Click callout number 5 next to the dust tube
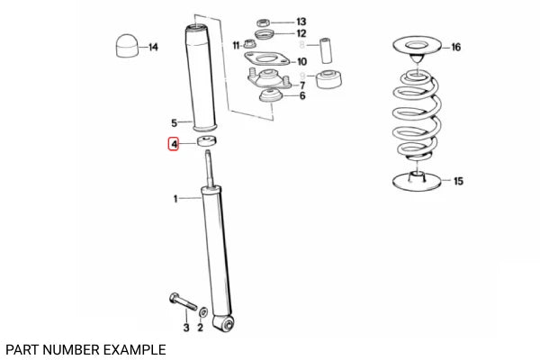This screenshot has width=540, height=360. click(175, 122)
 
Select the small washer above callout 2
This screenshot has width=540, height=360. click(202, 311)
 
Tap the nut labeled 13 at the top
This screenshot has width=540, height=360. click(264, 21)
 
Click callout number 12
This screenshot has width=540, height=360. click(301, 33)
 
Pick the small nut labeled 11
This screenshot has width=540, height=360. click(245, 44)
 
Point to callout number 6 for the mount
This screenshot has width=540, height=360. click(301, 95)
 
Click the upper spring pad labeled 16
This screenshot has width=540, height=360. click(415, 46)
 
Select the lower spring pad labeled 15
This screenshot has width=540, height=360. click(417, 181)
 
